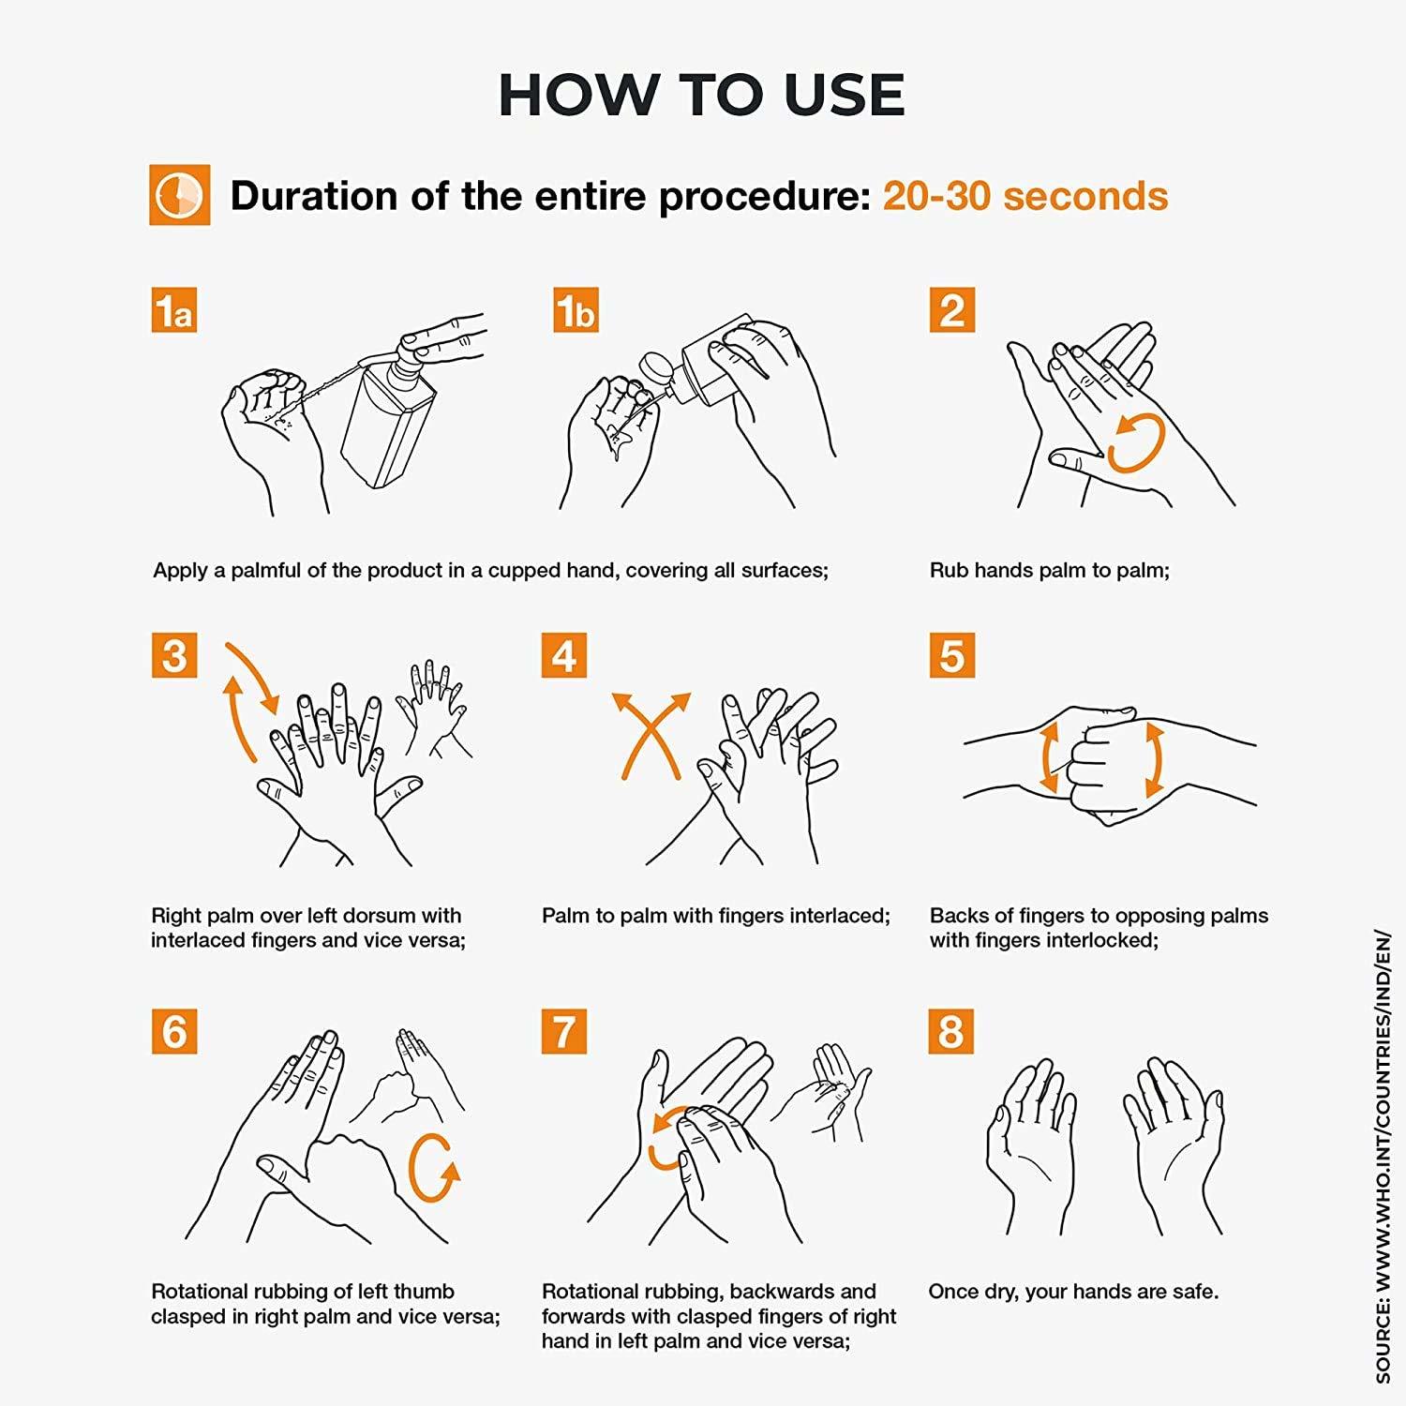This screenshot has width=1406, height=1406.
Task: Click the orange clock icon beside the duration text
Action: pyautogui.click(x=179, y=195)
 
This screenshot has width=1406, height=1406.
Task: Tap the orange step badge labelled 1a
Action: pyautogui.click(x=174, y=310)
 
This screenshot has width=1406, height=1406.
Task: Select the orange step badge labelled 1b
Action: pyautogui.click(x=576, y=310)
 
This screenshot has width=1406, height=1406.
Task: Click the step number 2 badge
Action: pyautogui.click(x=952, y=310)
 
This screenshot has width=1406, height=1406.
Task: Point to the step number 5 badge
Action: pyautogui.click(x=952, y=655)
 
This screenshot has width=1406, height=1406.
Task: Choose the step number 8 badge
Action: pyautogui.click(x=951, y=1031)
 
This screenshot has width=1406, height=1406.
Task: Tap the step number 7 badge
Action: pyautogui.click(x=564, y=1031)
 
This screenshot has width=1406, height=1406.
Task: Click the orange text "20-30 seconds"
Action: pyautogui.click(x=1025, y=196)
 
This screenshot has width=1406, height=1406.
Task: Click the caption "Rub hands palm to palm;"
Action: pyautogui.click(x=1050, y=570)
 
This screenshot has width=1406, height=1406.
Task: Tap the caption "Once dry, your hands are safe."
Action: pyautogui.click(x=1073, y=1292)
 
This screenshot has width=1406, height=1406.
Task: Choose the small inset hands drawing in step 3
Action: pyautogui.click(x=433, y=709)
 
